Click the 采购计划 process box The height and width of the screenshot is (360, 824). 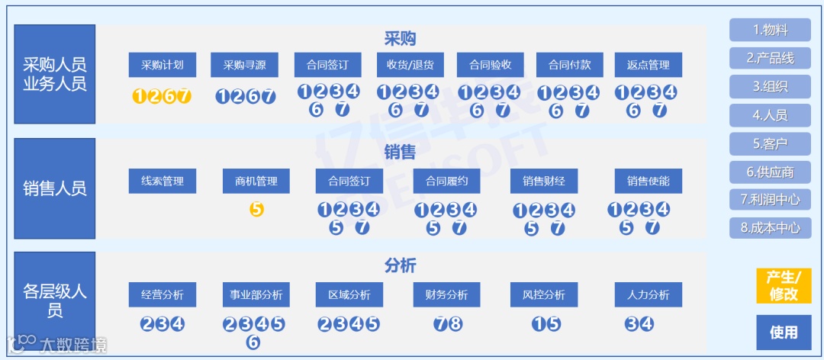163,65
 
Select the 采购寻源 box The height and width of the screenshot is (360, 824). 244,65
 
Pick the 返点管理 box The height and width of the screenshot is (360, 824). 648,65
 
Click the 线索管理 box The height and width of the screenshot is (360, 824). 163,182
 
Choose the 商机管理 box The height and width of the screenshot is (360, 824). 256,182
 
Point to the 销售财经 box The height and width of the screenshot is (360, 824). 544,182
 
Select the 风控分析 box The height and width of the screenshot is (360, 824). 544,295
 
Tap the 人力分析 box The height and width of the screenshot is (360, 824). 648,295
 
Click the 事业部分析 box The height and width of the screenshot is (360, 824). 256,295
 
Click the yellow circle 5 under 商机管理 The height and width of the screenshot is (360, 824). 256,209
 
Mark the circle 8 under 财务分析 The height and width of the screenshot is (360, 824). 455,323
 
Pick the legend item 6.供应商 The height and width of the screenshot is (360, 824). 770,172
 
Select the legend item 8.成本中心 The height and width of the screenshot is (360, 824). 770,227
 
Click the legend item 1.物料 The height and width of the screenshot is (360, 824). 770,31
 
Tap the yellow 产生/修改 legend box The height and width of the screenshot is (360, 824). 784,285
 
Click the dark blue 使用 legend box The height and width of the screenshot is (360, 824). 784,332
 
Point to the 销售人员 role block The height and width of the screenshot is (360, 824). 54,188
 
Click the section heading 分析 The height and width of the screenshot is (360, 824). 400,265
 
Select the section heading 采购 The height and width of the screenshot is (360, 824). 400,39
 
